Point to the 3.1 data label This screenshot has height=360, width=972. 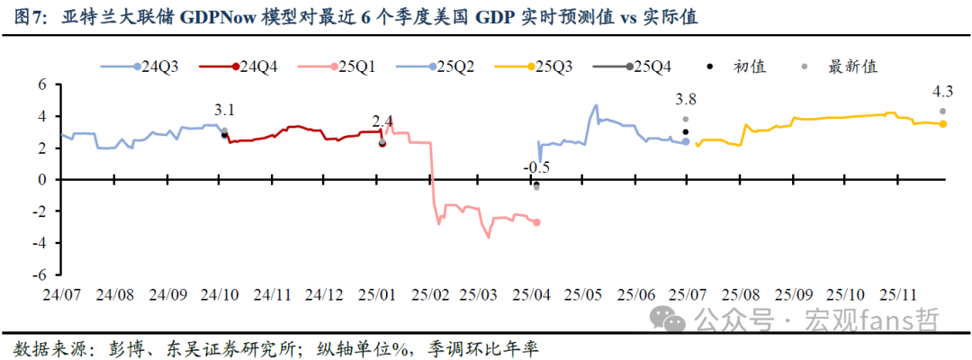click(225, 111)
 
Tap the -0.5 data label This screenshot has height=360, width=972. click(536, 166)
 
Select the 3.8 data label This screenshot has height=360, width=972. click(686, 100)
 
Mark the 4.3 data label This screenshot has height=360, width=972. click(943, 91)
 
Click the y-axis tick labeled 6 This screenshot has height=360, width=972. click(41, 85)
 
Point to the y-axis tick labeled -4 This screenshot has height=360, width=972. click(39, 243)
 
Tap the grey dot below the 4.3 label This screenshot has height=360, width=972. click(942, 112)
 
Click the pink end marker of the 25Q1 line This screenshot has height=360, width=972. click(537, 222)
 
